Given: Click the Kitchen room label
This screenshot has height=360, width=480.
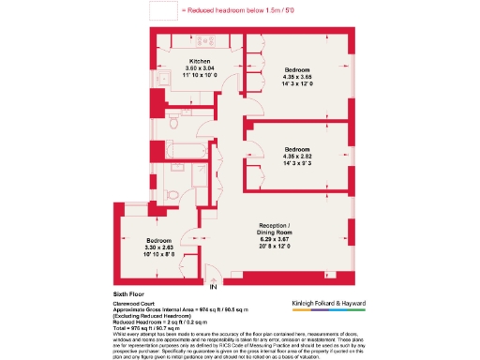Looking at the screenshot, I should (199, 61).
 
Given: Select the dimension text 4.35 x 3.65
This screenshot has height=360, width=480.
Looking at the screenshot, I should (297, 78).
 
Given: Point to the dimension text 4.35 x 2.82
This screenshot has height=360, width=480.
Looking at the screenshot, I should (297, 157).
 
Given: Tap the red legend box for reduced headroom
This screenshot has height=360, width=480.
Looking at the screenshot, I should (164, 10).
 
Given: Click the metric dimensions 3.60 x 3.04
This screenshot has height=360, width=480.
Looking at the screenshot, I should (199, 68).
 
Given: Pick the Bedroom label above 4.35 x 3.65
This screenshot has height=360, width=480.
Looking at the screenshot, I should (297, 70).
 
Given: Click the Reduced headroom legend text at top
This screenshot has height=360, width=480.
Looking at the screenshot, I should (234, 10).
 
